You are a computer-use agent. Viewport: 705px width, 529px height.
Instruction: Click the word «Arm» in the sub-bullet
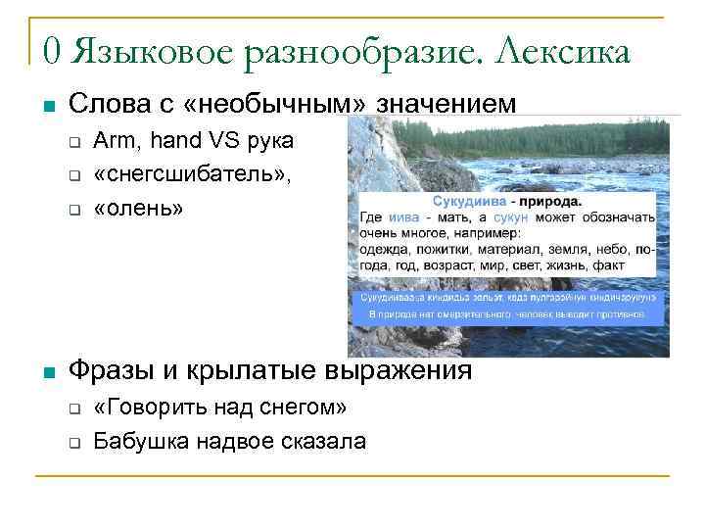click(x=112, y=141)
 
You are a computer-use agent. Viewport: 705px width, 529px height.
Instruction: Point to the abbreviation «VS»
click(x=208, y=141)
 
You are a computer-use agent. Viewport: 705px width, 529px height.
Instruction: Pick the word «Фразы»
click(x=109, y=371)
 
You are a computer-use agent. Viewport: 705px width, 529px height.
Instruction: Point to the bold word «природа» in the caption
click(x=548, y=201)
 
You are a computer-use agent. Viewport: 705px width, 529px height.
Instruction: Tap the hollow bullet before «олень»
click(x=73, y=210)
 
